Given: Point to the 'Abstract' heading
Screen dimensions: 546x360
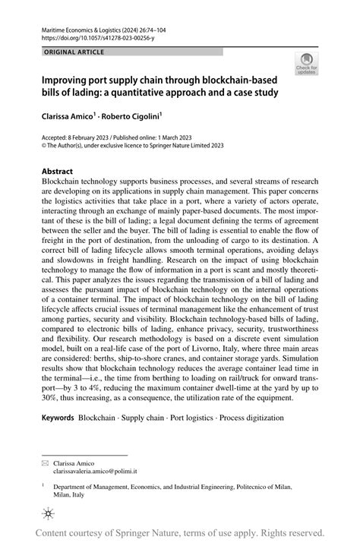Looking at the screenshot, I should pyautogui.click(x=58, y=172).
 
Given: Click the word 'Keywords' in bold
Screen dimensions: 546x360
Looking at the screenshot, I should pyautogui.click(x=58, y=418).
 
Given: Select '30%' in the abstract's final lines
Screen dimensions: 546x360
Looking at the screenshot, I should pyautogui.click(x=52, y=396).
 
